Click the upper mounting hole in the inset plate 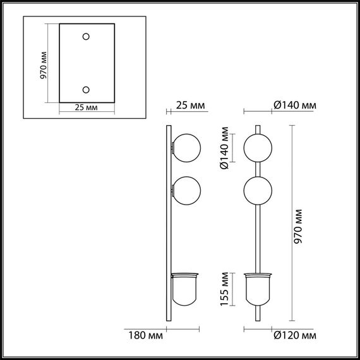click(x=87, y=37)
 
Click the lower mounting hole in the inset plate click(x=87, y=89)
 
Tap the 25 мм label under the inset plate click(x=87, y=108)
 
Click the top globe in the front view click(x=259, y=148)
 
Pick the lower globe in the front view click(x=259, y=191)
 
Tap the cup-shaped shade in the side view click(x=185, y=289)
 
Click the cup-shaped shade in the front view click(x=259, y=289)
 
